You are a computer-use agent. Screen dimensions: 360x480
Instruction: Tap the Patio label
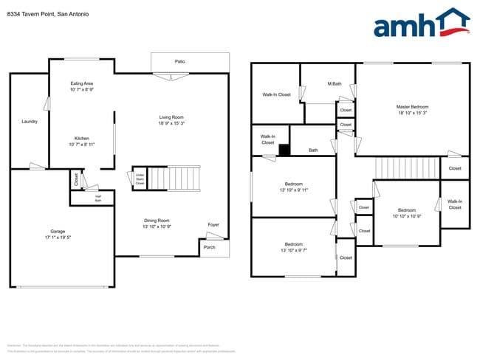pos(179,61)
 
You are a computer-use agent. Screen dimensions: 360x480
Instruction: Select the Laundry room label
pos(30,121)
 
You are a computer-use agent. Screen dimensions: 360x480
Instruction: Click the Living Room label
pos(171,117)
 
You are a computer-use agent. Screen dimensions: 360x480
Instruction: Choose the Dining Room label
pos(157,220)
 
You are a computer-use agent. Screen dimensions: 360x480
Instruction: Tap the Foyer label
pos(213,224)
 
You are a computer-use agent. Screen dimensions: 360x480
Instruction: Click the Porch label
pos(210,247)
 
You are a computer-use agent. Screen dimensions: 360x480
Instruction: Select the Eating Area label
pos(81,83)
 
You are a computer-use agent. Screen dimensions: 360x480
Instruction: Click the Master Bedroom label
pos(412,106)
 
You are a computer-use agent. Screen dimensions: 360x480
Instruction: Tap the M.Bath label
pos(335,83)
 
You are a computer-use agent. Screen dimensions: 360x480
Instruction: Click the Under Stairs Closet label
pos(139,178)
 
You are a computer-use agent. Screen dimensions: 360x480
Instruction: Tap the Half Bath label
pos(97,198)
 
